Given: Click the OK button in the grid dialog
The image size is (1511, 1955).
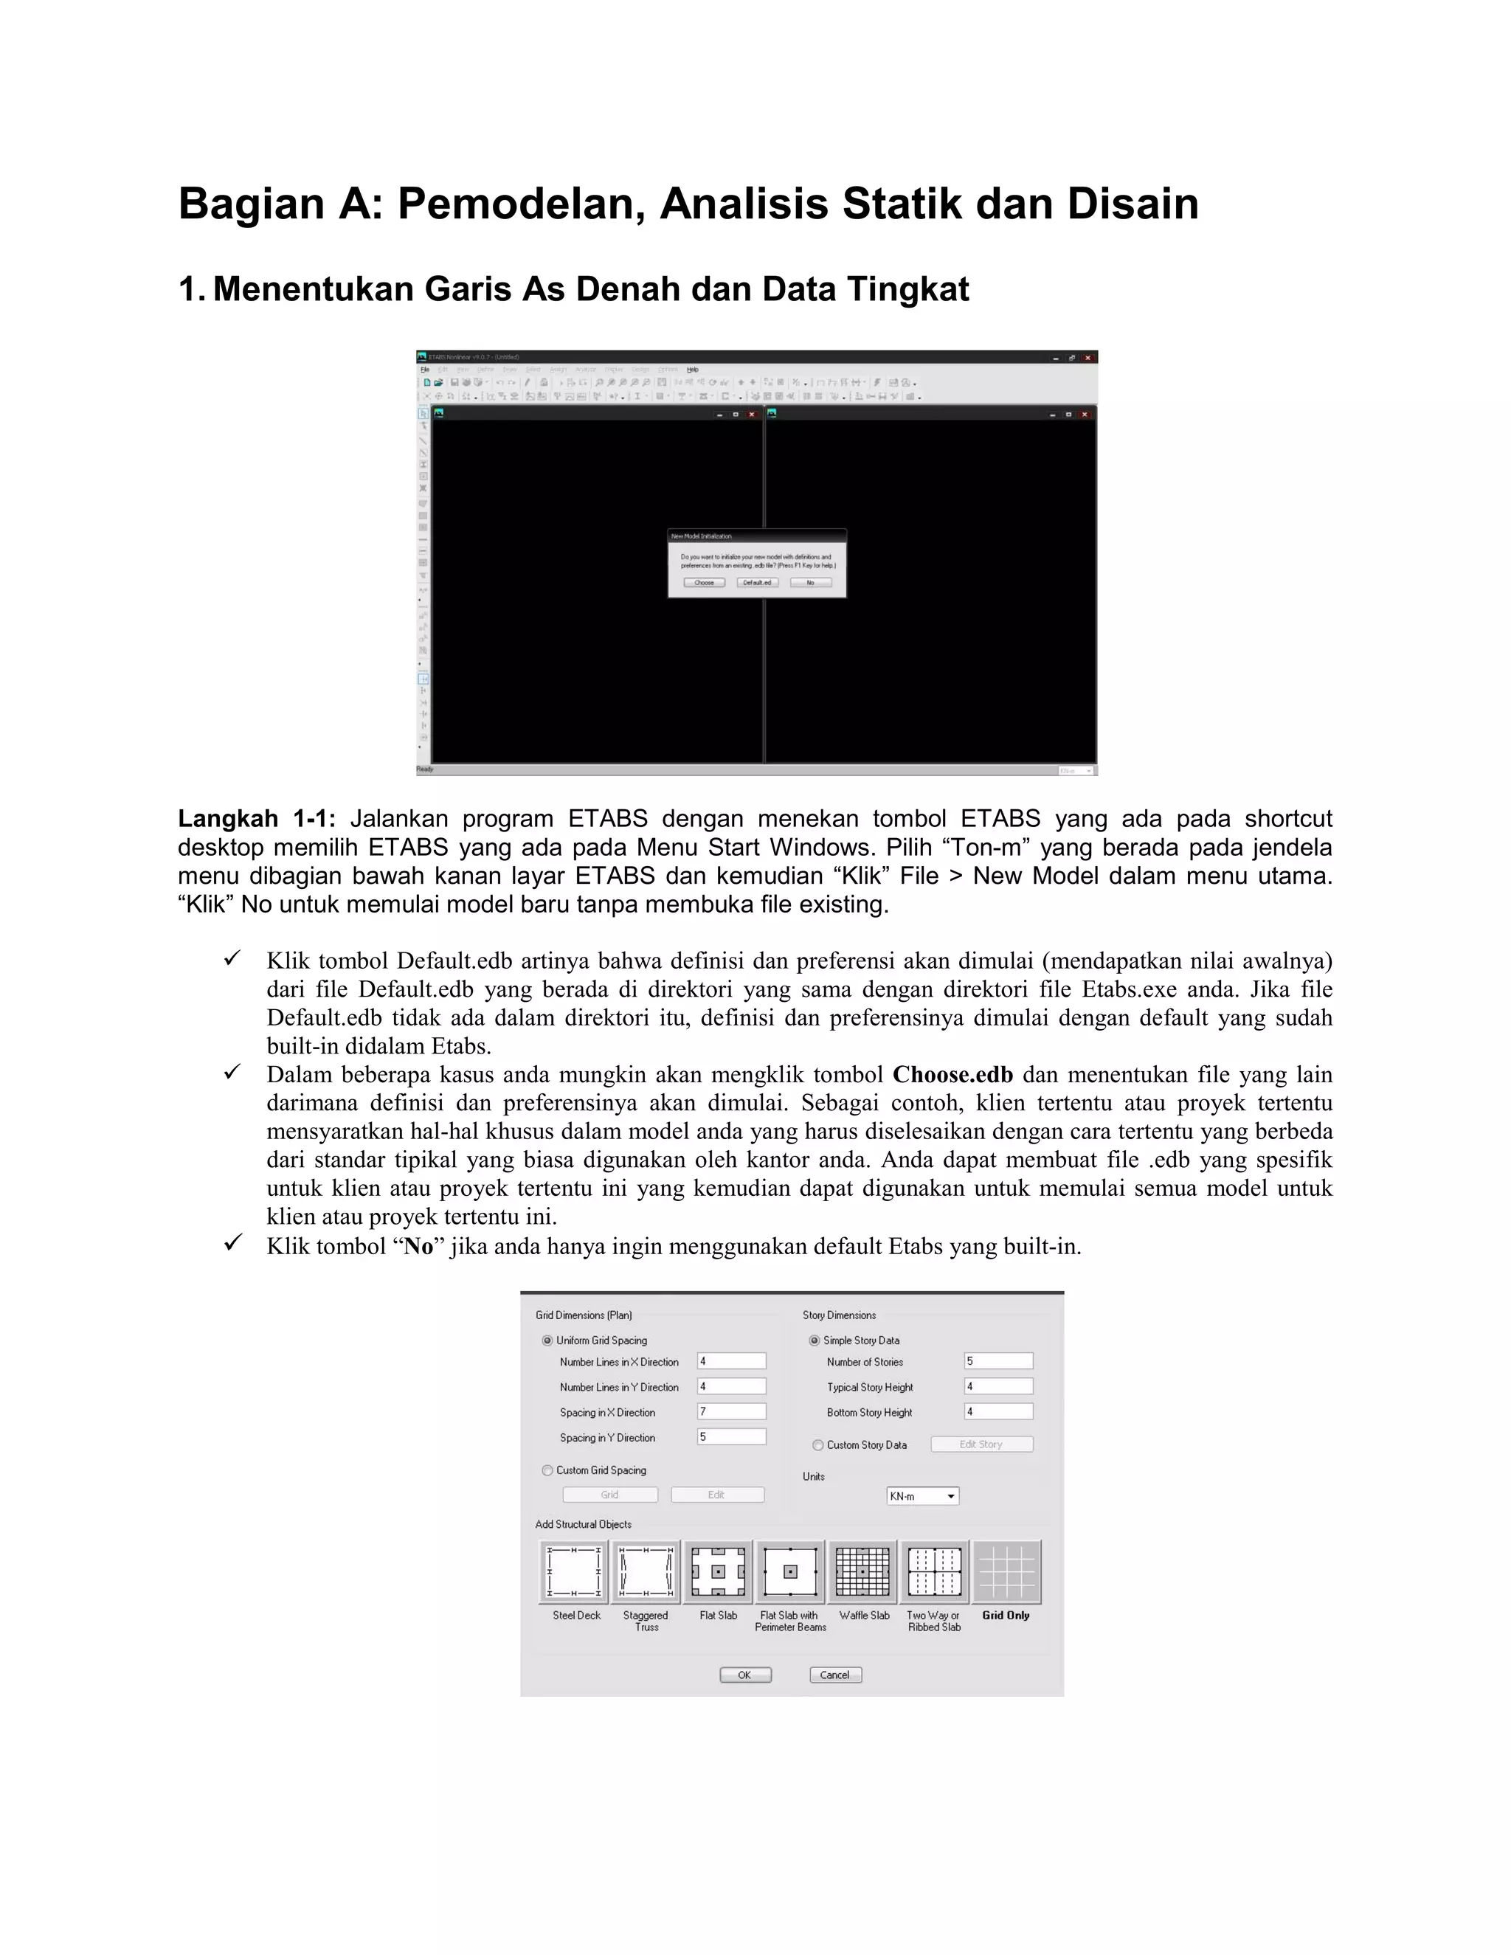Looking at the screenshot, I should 744,1675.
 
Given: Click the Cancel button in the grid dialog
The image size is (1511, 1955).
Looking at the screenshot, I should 835,1675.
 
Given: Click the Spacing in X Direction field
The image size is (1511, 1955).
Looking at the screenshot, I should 731,1411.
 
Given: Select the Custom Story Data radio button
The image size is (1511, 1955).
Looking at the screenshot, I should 817,1444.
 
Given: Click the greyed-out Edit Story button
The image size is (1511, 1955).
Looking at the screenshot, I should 981,1444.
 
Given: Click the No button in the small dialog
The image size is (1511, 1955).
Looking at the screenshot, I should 810,583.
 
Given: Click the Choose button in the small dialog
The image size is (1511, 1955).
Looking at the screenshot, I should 705,583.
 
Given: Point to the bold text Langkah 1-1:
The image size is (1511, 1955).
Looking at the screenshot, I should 256,819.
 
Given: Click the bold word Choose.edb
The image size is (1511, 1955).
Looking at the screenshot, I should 952,1075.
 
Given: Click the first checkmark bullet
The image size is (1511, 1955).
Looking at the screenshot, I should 232,960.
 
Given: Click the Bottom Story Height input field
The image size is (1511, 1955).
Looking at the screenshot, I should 998,1411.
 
